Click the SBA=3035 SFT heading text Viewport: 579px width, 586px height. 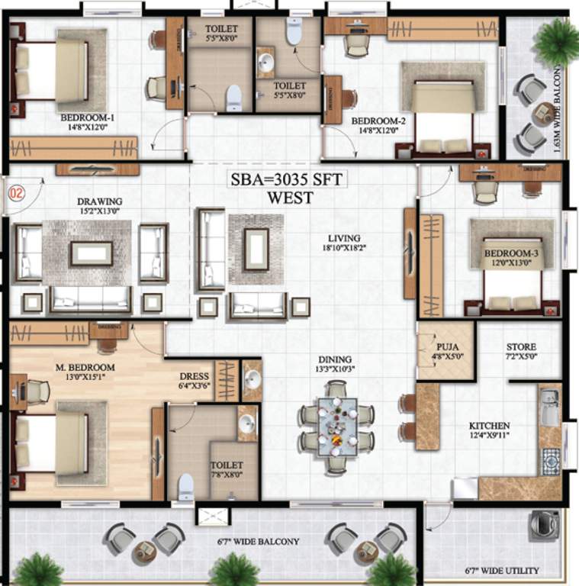[x=289, y=181]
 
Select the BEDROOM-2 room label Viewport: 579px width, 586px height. [x=378, y=121]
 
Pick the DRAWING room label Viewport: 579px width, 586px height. [x=100, y=201]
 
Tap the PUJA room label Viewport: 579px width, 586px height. [x=447, y=346]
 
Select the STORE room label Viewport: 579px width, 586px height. [x=521, y=347]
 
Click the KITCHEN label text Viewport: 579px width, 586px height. [x=490, y=425]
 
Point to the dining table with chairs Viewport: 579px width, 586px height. [x=336, y=430]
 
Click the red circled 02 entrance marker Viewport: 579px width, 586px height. [x=17, y=192]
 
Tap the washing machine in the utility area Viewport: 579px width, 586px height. [x=543, y=525]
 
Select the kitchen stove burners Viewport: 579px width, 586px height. [x=550, y=461]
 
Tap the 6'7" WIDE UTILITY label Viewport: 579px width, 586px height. [x=502, y=571]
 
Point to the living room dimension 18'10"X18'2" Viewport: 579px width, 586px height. [x=341, y=248]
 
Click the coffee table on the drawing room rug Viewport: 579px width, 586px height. [x=92, y=253]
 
